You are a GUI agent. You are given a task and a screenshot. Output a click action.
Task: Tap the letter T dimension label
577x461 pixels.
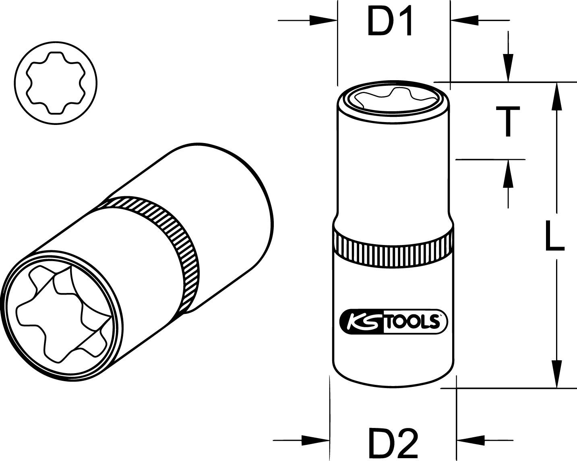coord(508,121)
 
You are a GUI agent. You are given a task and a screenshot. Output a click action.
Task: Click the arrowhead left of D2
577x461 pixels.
coord(316,440)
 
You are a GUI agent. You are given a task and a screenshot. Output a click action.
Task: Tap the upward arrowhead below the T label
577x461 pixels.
coord(508,173)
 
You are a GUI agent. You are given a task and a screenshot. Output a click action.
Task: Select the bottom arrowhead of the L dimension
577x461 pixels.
coord(557,375)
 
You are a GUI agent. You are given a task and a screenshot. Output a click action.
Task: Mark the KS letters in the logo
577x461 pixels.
coord(360,322)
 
